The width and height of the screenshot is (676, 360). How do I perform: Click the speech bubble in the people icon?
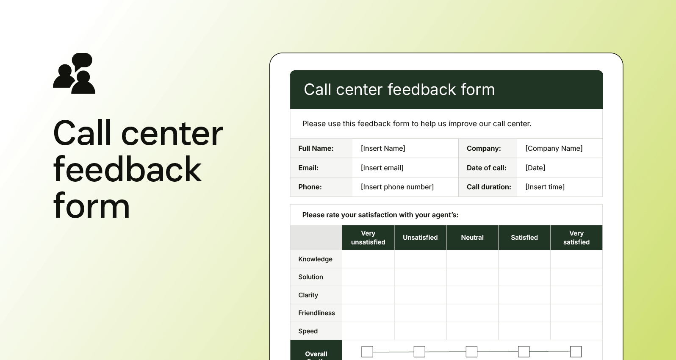[x=83, y=60]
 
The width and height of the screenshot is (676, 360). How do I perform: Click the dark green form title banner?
[x=446, y=90]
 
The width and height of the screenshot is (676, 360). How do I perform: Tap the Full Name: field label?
[x=316, y=148]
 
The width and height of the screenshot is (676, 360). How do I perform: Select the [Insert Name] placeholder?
[x=383, y=148]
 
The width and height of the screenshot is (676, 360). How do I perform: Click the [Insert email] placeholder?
[x=382, y=168]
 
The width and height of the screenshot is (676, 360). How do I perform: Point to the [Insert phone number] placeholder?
[x=397, y=187]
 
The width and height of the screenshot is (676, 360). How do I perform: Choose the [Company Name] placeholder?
[x=554, y=148]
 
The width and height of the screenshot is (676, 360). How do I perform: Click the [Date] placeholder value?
[x=535, y=168]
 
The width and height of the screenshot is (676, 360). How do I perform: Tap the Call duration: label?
[x=489, y=187]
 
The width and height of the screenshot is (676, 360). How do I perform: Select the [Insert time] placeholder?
[x=545, y=187]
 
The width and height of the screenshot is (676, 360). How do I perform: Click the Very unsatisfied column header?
[x=368, y=238]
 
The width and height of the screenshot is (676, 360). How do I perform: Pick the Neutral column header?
[x=472, y=238]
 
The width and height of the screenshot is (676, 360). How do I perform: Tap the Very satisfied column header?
[x=576, y=238]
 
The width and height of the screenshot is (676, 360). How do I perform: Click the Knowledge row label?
[x=315, y=259]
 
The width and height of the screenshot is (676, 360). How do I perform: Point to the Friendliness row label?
[x=316, y=313]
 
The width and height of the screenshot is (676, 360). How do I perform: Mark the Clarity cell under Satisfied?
[x=524, y=295]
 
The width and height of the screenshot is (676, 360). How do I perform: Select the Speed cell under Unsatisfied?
[x=420, y=331]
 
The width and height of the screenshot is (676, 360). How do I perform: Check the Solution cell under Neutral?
[x=472, y=277]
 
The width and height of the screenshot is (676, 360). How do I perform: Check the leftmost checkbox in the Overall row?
[x=367, y=352]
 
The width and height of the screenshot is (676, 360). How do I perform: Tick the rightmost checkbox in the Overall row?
[x=576, y=352]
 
